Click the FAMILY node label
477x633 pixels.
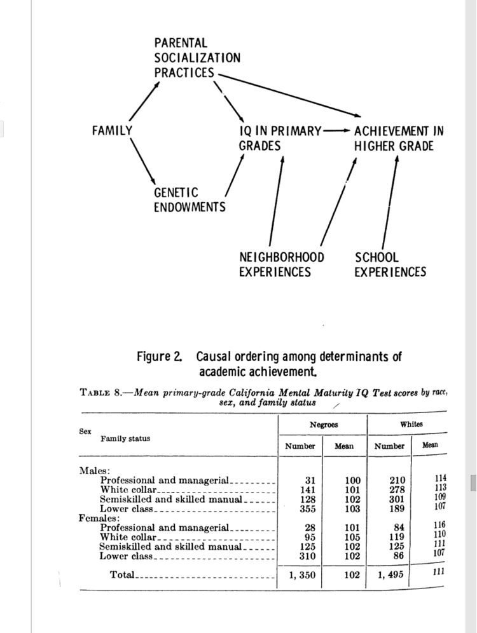pos(112,130)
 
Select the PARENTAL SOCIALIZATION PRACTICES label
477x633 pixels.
pos(197,58)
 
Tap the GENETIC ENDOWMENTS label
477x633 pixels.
pos(189,200)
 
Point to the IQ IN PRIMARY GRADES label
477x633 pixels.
pos(280,139)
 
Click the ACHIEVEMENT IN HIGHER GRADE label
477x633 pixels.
pos(398,139)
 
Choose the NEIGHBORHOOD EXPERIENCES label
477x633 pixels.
pos(281,265)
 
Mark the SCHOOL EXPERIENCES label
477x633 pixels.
pos(390,265)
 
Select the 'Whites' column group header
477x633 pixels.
pos(411,424)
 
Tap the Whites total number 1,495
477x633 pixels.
pos(389,575)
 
